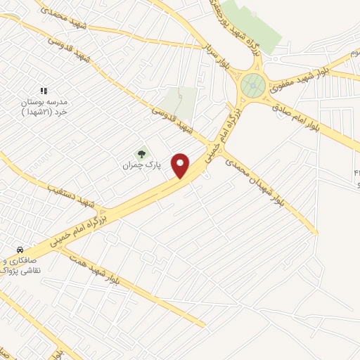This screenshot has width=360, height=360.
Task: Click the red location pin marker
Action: (181, 165)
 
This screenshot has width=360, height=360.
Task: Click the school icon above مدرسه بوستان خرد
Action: (44, 91)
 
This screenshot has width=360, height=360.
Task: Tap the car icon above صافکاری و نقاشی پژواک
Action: (20, 250)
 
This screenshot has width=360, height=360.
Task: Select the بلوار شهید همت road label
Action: (96, 269)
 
